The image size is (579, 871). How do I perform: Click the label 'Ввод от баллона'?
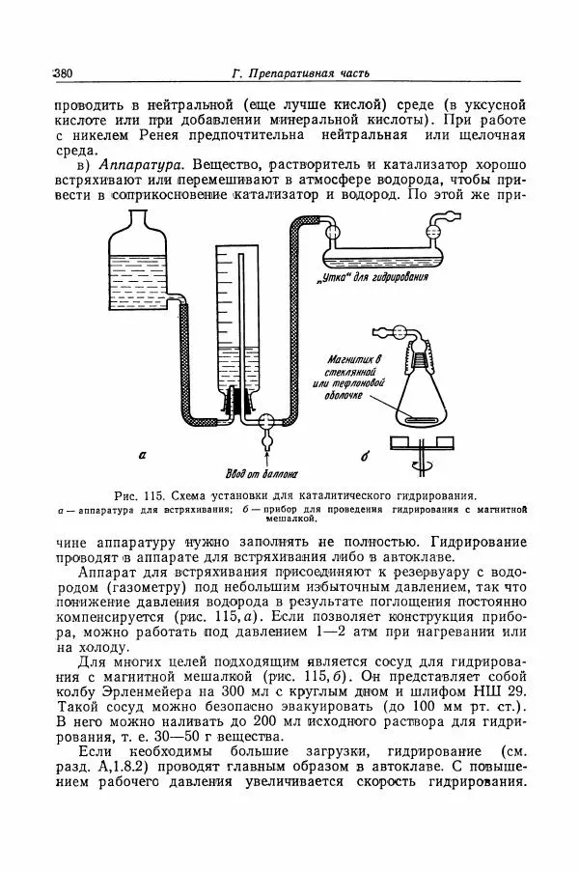[x=261, y=473]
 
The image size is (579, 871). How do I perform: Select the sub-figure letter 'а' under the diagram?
[x=142, y=453]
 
